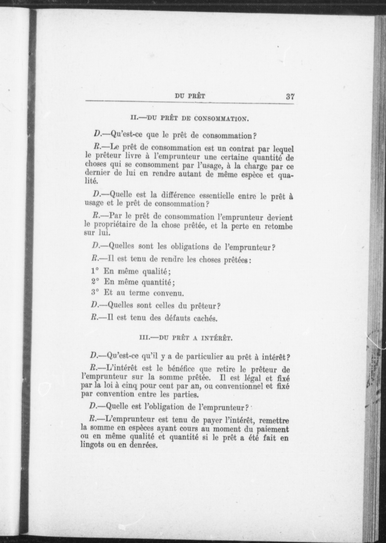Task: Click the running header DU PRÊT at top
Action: (190, 96)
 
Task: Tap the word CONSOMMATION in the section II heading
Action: (221, 119)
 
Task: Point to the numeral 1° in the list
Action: (95, 271)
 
